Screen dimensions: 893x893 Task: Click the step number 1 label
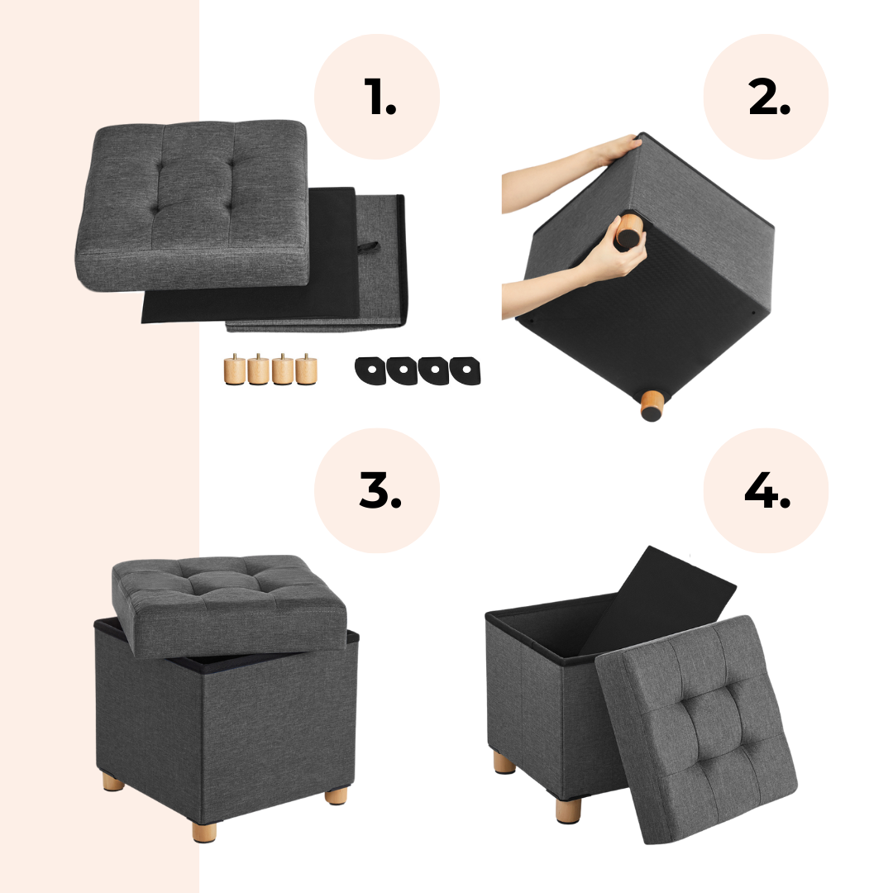380,96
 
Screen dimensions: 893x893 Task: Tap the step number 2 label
770,96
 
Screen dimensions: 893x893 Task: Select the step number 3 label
380,489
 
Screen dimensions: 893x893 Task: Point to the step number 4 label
767,489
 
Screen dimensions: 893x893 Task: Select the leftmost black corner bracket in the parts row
370,370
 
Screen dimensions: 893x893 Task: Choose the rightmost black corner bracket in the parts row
466,370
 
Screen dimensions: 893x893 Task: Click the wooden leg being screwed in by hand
627,232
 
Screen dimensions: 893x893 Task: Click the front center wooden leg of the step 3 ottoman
204,830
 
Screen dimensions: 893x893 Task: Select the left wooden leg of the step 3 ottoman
113,781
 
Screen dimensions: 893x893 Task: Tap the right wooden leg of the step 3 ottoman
336,795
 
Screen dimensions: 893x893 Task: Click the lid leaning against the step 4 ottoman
696,729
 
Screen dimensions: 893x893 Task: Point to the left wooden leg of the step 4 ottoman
504,762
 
